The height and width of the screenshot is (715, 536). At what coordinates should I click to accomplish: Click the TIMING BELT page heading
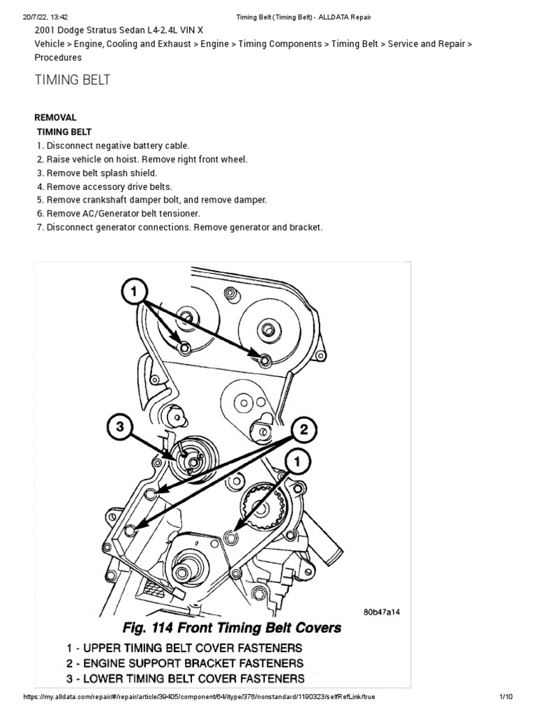tap(73, 80)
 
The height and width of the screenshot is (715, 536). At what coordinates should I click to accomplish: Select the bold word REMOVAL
tap(56, 117)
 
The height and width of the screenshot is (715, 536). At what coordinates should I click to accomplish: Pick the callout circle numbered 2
tap(304, 430)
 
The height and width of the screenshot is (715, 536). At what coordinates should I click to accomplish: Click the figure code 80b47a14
tap(382, 612)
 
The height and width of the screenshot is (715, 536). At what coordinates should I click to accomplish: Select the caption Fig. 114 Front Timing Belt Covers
tap(232, 628)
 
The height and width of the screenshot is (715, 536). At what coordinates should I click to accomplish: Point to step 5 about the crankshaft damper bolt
tap(151, 200)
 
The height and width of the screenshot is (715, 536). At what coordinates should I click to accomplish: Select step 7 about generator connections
tap(179, 228)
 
